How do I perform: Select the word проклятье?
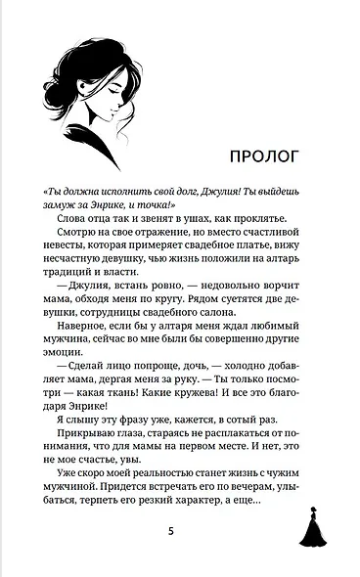pos(267,222)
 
